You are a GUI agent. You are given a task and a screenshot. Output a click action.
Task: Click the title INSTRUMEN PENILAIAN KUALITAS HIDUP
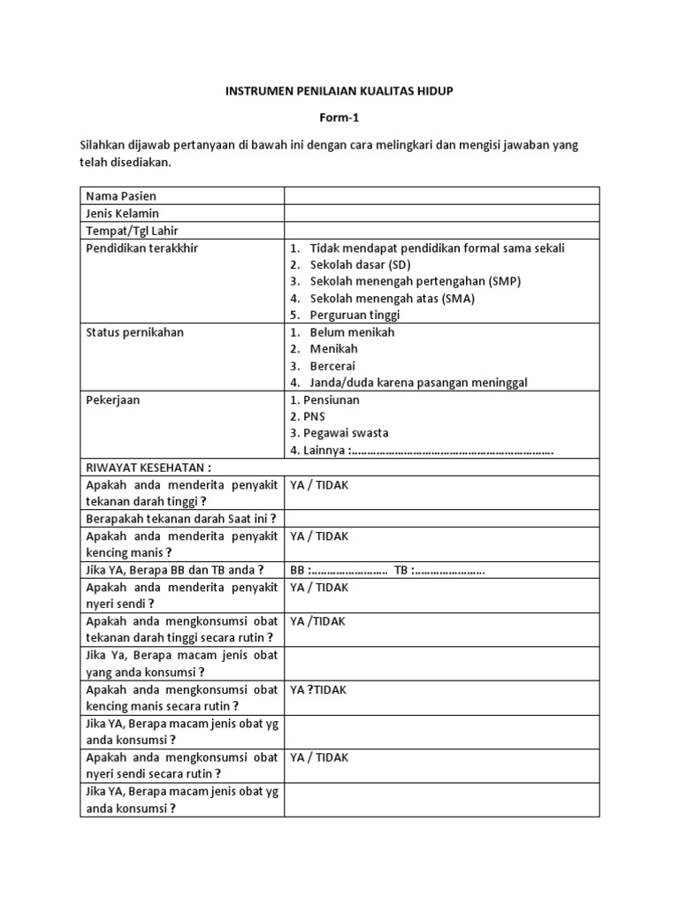pos(339,91)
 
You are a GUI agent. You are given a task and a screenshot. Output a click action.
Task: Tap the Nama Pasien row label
pos(121,195)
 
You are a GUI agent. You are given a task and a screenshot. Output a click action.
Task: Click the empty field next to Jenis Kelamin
pos(441,213)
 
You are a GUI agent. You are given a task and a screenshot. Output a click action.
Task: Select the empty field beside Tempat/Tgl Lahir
pos(441,230)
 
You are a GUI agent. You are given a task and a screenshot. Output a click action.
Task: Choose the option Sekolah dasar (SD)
pos(360,264)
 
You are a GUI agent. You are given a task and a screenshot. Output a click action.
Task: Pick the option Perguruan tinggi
pos(355,315)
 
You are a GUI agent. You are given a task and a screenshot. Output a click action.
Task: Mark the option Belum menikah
pos(352,332)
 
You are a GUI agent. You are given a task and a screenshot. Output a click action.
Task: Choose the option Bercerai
pos(332,366)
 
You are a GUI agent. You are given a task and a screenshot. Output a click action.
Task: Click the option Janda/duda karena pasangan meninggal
pos(418,383)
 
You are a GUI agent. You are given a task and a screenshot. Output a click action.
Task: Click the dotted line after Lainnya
pos(452,451)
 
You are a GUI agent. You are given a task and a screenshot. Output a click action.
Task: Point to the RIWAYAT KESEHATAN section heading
pos(149,468)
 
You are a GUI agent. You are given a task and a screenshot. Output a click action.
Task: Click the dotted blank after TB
pos(448,570)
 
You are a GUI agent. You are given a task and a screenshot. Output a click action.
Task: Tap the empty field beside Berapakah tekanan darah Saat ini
pos(441,519)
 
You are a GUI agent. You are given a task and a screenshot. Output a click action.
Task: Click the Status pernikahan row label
pos(134,332)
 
